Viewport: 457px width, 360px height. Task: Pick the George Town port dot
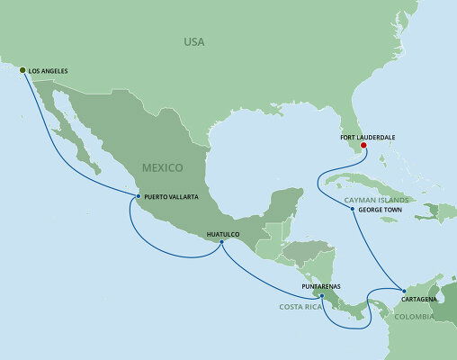coord(353,209)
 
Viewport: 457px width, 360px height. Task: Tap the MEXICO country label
coord(162,167)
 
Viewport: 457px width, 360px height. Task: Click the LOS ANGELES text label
coord(49,69)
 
